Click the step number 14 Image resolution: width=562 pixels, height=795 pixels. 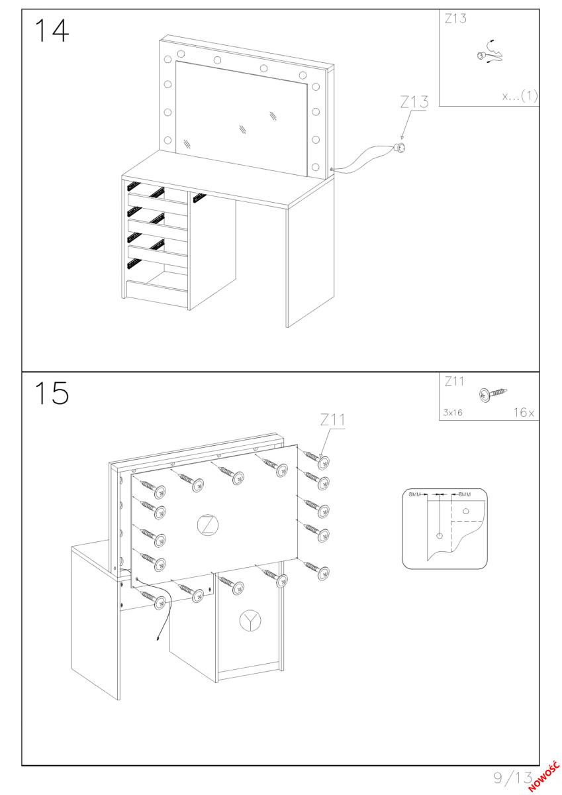52,30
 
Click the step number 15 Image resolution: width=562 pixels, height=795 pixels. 52,393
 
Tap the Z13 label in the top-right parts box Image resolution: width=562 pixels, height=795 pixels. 455,19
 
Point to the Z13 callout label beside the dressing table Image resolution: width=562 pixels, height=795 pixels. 414,102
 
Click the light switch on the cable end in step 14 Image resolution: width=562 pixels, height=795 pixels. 400,146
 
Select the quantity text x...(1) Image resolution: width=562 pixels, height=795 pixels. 520,96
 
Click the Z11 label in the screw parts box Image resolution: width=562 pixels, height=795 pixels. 454,382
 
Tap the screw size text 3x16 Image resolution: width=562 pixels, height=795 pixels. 452,412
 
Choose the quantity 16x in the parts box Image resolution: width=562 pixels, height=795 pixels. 524,412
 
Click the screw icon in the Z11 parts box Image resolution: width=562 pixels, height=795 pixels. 492,394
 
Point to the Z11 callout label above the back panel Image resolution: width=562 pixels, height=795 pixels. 332,420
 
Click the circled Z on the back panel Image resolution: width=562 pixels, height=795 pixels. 208,525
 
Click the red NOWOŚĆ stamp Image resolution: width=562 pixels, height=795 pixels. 544,776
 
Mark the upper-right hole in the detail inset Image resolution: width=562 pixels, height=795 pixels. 466,511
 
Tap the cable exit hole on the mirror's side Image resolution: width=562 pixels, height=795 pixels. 330,170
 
